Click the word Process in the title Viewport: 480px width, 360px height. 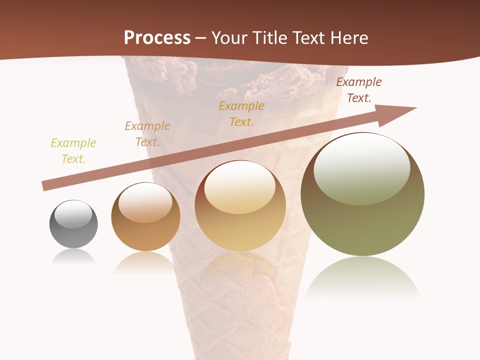click(x=157, y=38)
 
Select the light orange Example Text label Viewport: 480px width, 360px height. click(x=147, y=134)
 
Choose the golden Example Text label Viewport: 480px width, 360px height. click(x=241, y=114)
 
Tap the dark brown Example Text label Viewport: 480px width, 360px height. click(x=358, y=90)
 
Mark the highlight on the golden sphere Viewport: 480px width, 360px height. click(x=239, y=188)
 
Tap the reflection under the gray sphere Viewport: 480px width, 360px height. click(x=73, y=257)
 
